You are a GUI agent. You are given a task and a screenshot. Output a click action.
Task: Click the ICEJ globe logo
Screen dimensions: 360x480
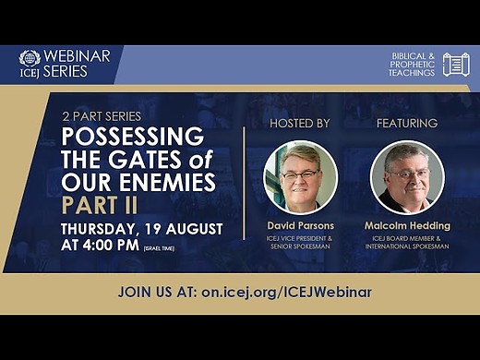[x=30, y=57]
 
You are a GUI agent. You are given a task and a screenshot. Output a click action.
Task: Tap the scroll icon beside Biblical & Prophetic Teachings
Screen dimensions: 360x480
[x=456, y=65]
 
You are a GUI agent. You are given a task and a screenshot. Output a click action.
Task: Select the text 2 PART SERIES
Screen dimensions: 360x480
[x=101, y=116]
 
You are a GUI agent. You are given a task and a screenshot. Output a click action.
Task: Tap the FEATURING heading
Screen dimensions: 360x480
[x=407, y=123]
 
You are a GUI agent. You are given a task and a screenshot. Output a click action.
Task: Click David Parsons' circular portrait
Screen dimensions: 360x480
[x=300, y=176]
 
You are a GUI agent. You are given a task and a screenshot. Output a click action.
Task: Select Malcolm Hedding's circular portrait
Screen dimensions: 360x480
[x=407, y=176]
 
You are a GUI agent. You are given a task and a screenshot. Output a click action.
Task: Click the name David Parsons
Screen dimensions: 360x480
[x=300, y=226]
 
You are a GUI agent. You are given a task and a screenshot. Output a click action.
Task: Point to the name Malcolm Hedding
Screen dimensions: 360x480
[x=407, y=226]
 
